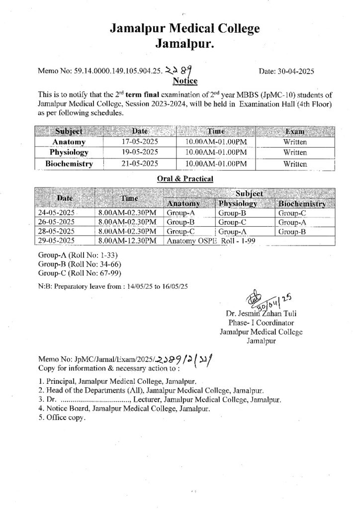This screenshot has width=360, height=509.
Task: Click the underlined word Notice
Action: (x=184, y=81)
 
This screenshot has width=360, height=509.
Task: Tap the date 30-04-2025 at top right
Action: (x=286, y=72)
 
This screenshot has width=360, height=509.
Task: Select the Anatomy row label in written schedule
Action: (x=70, y=142)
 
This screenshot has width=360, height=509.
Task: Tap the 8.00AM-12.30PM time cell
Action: (x=127, y=241)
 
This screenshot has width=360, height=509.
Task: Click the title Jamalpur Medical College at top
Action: (x=184, y=29)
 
